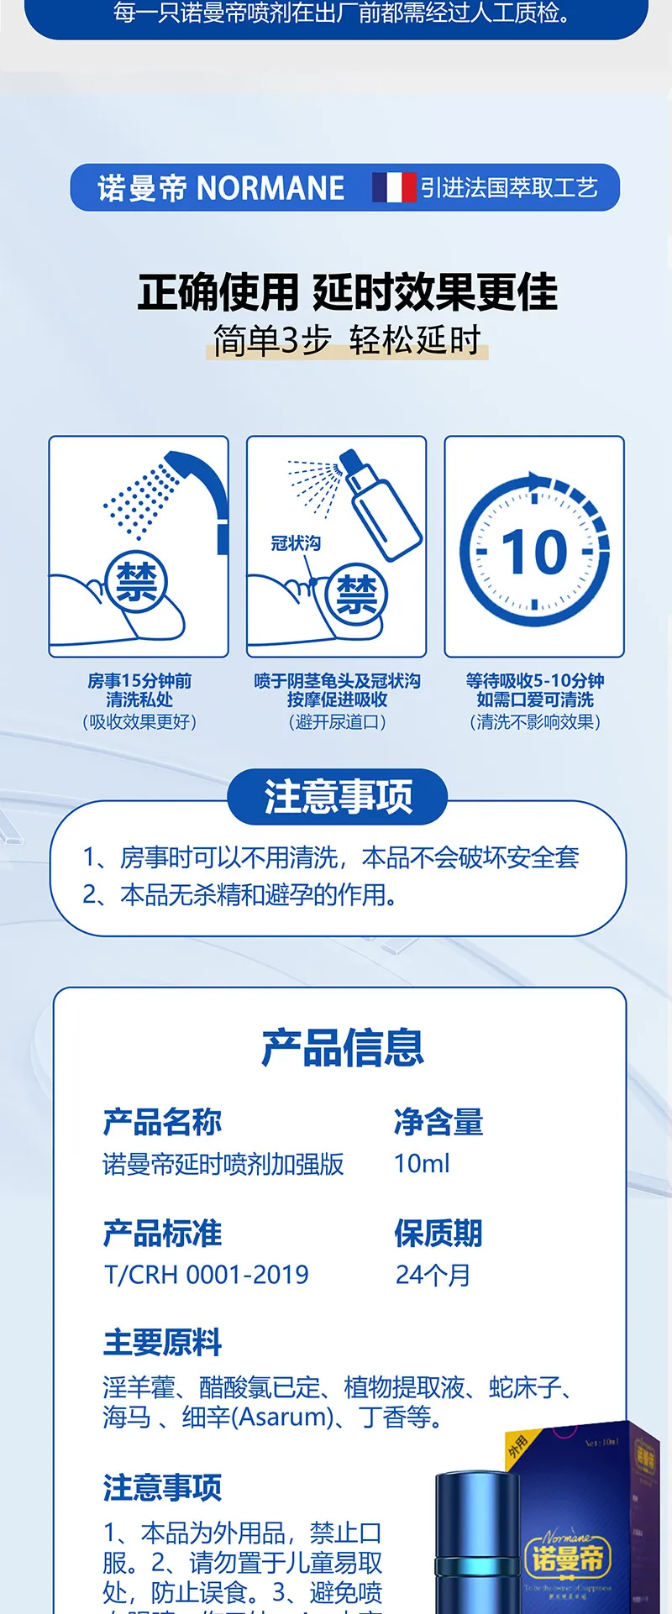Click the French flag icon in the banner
394,187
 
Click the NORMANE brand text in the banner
270,188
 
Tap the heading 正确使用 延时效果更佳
347,292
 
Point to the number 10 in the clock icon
534,553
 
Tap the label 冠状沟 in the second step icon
296,543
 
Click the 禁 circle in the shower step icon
137,581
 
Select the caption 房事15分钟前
139,680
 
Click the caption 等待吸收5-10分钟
535,680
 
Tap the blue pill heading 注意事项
338,797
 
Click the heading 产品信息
343,1047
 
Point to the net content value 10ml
422,1164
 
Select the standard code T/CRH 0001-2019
206,1275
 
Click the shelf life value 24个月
433,1275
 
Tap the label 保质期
438,1233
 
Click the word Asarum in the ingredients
282,1417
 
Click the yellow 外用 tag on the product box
517,1446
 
